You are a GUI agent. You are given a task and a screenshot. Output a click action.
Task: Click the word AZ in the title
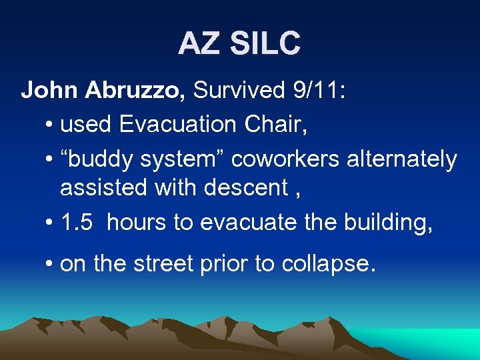click(x=198, y=44)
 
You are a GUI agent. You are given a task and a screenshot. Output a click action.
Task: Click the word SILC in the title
click(x=265, y=44)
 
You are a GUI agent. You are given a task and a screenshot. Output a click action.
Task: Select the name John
click(x=50, y=91)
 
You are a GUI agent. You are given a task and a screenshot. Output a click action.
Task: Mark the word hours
click(x=137, y=222)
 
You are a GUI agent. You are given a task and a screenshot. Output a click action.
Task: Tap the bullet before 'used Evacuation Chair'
click(x=50, y=125)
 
